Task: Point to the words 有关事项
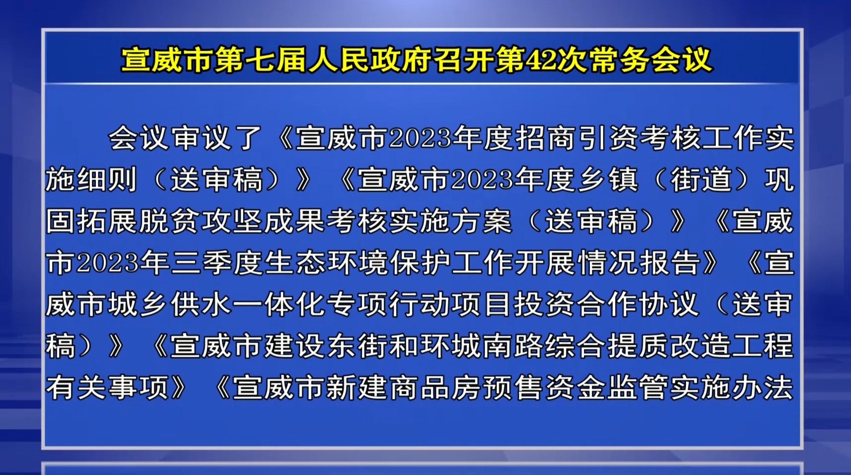click(108, 387)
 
